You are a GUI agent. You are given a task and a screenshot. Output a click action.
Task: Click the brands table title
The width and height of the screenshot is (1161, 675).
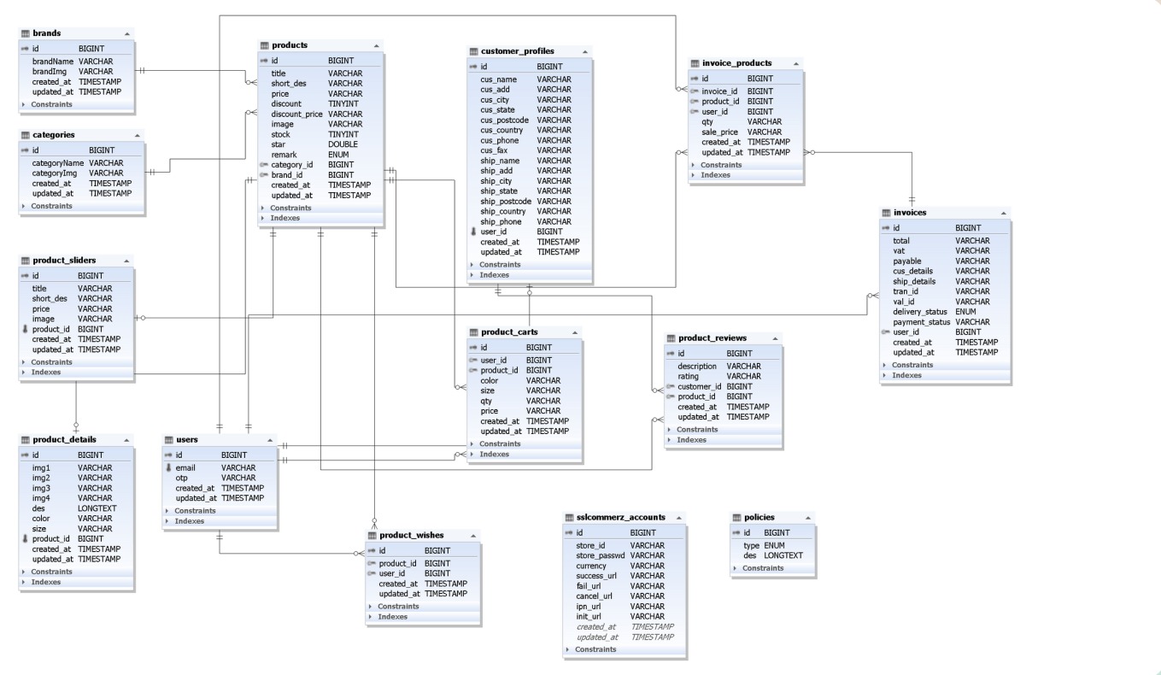point(46,33)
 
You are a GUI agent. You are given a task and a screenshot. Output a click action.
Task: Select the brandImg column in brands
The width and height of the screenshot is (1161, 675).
point(50,72)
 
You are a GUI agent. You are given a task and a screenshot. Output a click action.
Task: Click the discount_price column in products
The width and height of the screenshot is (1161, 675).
point(296,114)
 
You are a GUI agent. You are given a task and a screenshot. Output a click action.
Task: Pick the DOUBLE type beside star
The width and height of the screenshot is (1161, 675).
point(343,144)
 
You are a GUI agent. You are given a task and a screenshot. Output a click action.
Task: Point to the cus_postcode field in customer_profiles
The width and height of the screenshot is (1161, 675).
point(506,120)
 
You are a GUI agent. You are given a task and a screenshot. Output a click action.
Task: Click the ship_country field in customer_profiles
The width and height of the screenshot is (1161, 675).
point(506,211)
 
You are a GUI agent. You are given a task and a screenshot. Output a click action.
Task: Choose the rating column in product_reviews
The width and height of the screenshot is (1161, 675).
point(689,376)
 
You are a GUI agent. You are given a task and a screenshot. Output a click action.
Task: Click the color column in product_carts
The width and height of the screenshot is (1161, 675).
point(490,380)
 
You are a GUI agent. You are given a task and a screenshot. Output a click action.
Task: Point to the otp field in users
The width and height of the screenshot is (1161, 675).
point(181,478)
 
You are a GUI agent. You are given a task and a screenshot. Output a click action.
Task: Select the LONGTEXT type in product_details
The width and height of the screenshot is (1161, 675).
point(97,508)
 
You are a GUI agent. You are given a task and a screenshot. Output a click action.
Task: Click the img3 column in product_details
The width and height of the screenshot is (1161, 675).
point(41,488)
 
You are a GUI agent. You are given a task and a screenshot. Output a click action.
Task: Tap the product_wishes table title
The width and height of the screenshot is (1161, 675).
point(411,535)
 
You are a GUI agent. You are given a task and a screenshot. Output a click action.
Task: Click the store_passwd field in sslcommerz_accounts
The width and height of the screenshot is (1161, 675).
point(600,555)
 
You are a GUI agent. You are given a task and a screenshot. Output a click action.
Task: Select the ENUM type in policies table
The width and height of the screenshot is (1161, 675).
point(774,545)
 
